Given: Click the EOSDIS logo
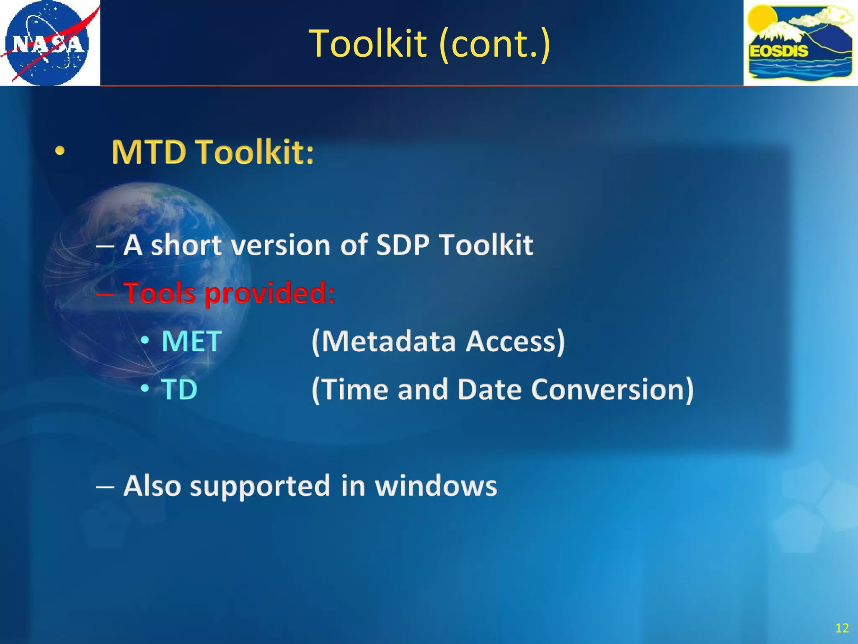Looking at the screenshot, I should tap(800, 43).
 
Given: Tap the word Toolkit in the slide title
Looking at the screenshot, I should tap(368, 44).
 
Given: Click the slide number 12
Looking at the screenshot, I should tap(842, 628).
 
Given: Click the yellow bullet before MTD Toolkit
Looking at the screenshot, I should tap(60, 152).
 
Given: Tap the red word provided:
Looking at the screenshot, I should tap(270, 293).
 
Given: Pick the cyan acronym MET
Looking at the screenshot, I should tap(191, 341).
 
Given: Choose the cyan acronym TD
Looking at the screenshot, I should tap(179, 390).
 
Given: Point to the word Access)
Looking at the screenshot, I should tap(516, 341).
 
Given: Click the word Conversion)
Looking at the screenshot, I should tap(612, 390).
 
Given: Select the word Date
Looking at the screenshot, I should tap(489, 390).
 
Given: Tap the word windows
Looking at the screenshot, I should tap(436, 486).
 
